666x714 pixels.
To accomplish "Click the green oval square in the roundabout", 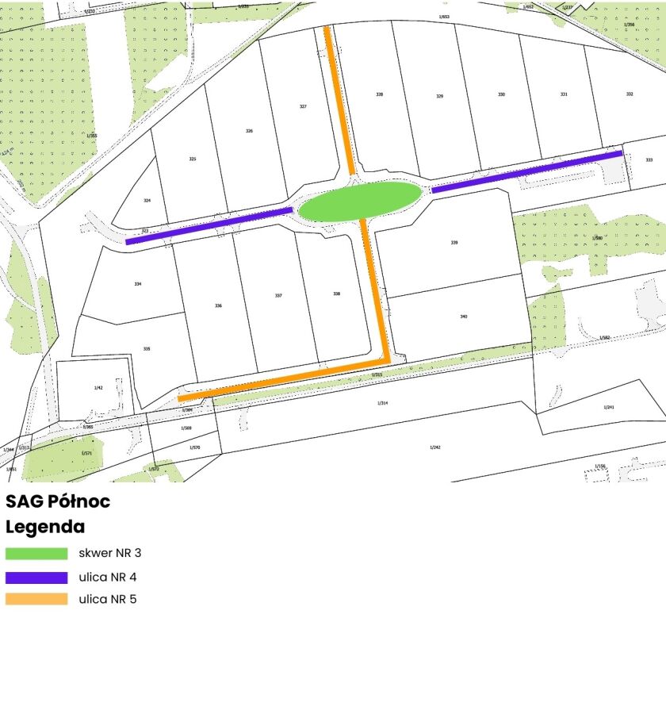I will pos(360,202).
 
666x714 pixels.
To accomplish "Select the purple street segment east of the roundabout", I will pos(526,172).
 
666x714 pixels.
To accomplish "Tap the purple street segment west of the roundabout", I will pos(209,225).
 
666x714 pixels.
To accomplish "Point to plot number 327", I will pos(303,106).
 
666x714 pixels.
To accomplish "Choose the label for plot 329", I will pos(439,97).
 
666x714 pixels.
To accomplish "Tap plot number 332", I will pos(630,94).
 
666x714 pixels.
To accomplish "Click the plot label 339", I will pos(454,243).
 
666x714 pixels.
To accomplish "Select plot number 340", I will pos(463,317).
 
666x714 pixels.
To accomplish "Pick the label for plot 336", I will pos(218,305).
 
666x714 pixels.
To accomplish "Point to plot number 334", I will pos(138,283).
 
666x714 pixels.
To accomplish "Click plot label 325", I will pos(192,159).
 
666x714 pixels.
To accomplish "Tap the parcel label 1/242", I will pos(434,447).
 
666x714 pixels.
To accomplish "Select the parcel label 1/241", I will pos(609,407).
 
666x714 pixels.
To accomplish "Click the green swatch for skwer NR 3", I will pos(36,553).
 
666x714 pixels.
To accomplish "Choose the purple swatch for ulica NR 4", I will pos(36,577).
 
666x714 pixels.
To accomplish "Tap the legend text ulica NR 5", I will pos(108,599).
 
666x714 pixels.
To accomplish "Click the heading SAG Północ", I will pos(58,501).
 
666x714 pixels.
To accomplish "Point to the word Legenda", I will pos(45,527).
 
